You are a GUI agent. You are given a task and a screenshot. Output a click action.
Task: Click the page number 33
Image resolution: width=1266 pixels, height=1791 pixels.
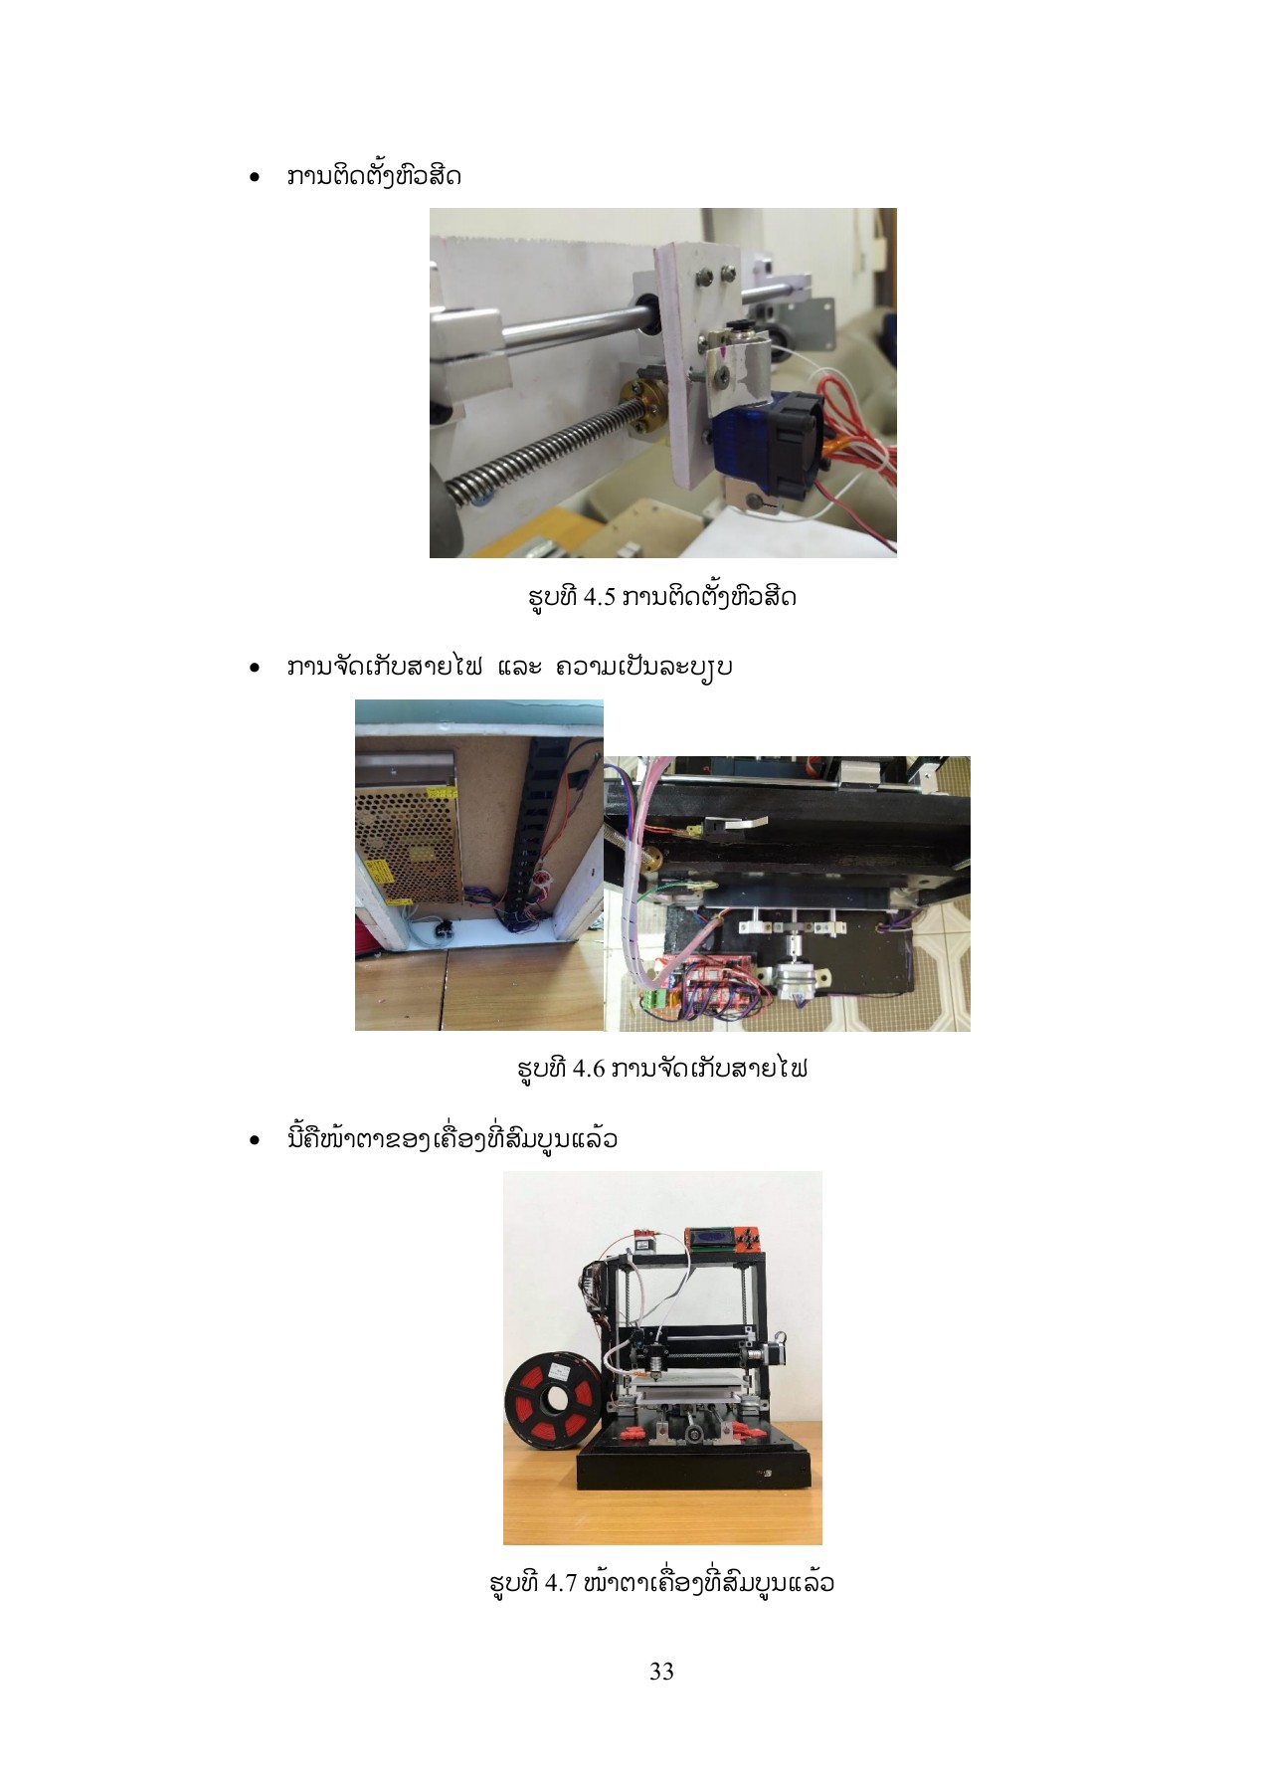pos(661,1672)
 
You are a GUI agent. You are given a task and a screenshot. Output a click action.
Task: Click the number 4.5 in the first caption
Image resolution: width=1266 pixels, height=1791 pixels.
pos(600,597)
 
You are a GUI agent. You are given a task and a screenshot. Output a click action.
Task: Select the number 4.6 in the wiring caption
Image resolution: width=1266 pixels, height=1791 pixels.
pos(589,1069)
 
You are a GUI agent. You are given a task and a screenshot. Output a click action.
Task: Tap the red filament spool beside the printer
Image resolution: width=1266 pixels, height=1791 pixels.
pos(554,1400)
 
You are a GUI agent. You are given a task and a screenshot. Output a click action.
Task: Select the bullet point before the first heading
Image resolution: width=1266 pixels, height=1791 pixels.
pos(256,178)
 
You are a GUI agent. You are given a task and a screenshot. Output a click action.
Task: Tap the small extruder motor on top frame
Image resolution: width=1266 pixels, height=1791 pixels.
pos(647,1241)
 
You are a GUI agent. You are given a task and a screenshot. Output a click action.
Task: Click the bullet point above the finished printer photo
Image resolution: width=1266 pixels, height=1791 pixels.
pos(256,1139)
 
